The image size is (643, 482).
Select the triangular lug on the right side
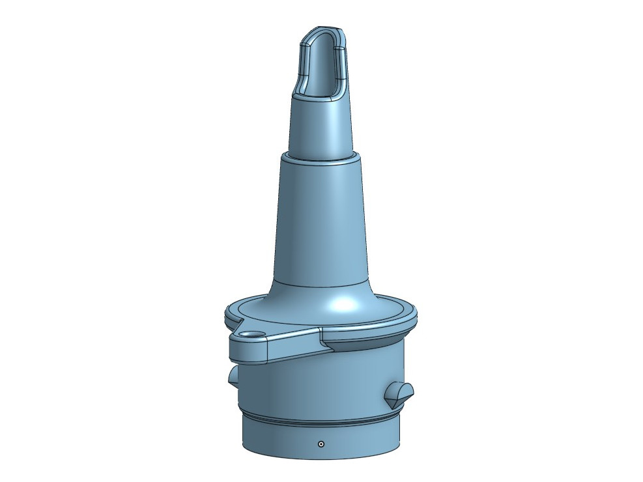pyautogui.click(x=398, y=393)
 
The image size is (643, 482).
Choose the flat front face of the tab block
pyautogui.click(x=248, y=350)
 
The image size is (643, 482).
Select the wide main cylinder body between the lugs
pyautogui.click(x=319, y=384)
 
